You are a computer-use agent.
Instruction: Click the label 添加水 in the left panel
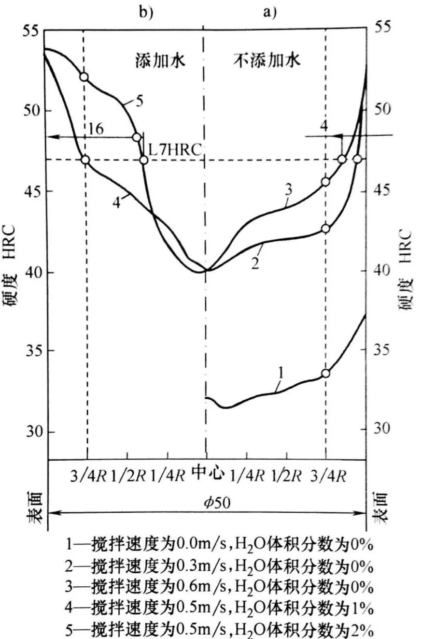coord(159,61)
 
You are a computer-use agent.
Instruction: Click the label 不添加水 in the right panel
coord(268,60)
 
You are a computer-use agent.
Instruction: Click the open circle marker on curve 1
coord(325,373)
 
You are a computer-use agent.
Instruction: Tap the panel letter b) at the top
coord(146,12)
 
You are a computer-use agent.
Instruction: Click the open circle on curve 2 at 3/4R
coord(325,228)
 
